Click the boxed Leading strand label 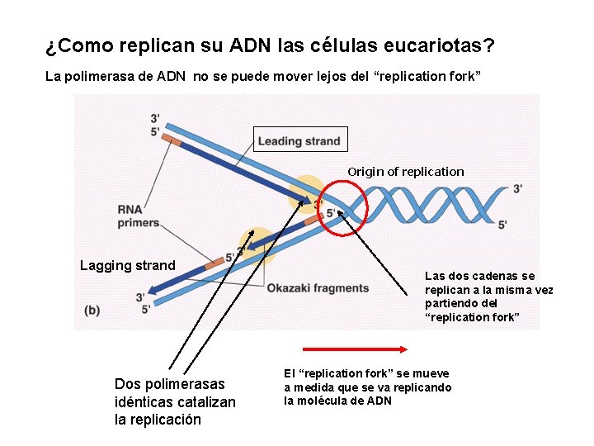(x=299, y=140)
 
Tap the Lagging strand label (x=128, y=265)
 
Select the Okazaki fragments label (x=318, y=287)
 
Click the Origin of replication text (x=406, y=172)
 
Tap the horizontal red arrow (x=356, y=349)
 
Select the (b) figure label (x=93, y=310)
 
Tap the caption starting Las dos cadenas (x=488, y=297)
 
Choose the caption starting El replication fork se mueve (x=368, y=387)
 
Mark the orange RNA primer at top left (x=172, y=140)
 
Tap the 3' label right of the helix (x=517, y=188)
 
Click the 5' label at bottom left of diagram (x=146, y=309)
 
